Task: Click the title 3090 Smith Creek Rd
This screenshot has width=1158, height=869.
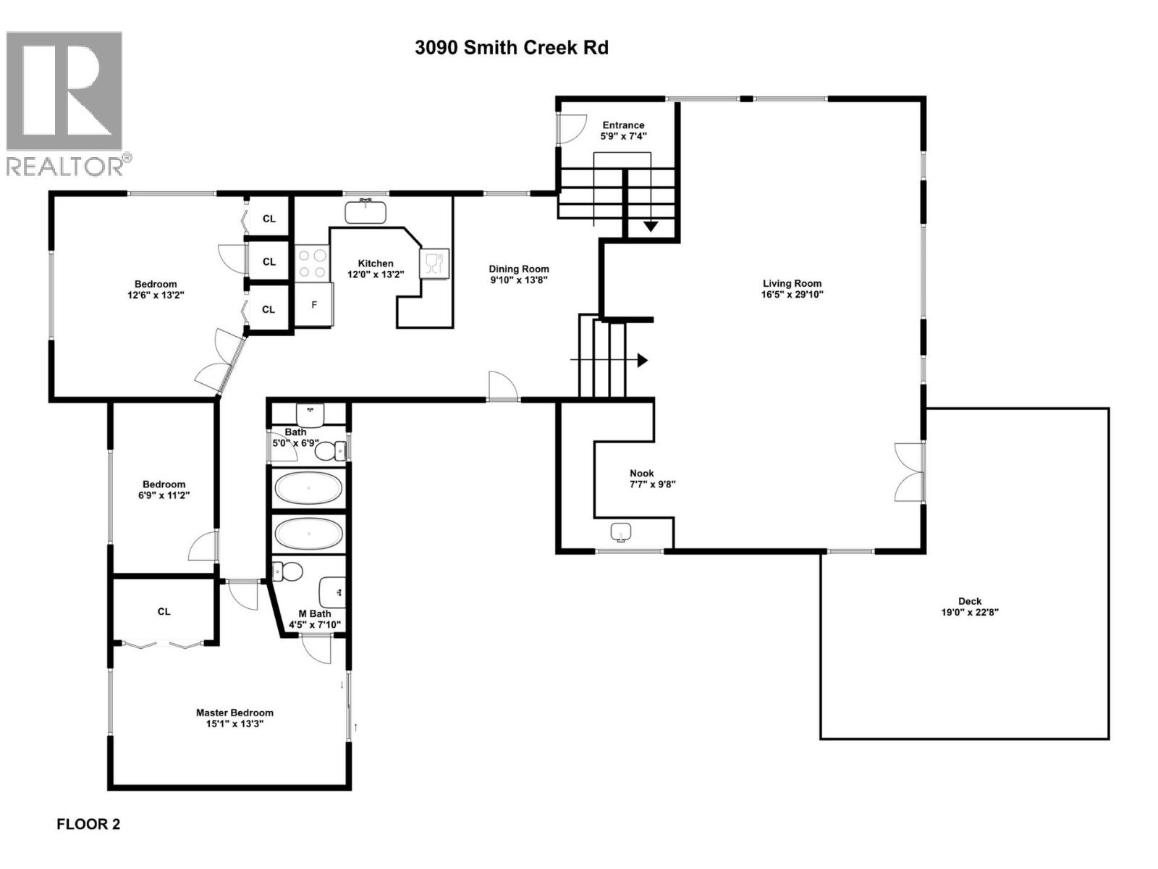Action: coord(511,48)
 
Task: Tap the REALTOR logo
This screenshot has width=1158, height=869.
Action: coord(67,104)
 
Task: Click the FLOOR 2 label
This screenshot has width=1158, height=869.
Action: coord(88,824)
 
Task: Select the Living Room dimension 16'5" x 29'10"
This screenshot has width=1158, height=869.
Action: coord(792,295)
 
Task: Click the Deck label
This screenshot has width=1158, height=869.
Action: coord(970,601)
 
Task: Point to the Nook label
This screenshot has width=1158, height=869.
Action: coord(641,474)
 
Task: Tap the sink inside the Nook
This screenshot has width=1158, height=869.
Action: coord(621,532)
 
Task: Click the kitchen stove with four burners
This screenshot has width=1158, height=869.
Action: coord(312,263)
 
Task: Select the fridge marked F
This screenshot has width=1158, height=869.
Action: coord(314,305)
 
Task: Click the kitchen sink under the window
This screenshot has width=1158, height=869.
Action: coord(365,211)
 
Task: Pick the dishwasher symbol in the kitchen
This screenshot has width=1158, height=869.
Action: coord(434,263)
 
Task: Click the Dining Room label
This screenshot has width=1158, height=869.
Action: coord(518,269)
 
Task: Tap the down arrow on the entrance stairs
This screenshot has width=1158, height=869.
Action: coord(651,227)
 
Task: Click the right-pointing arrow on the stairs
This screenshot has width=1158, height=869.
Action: coord(641,360)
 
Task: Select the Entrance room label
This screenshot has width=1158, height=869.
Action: coord(623,125)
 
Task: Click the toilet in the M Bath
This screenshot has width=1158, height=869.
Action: coord(287,572)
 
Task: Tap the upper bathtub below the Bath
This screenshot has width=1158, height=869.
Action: coord(308,489)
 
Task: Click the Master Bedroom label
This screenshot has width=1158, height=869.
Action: coord(234,713)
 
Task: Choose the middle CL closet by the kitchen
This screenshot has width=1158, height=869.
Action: coord(269,262)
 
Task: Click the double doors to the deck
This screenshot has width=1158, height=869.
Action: coord(910,472)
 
